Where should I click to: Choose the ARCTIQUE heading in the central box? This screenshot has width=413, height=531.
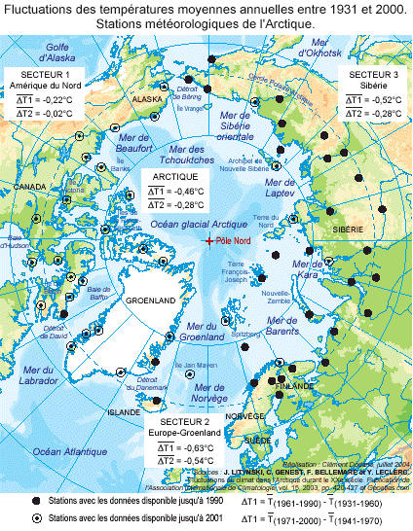coord(175,176)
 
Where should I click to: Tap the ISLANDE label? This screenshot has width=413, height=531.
coord(125,412)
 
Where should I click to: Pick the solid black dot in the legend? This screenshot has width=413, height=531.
coord(37,499)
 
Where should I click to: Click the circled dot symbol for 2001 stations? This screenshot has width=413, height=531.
coord(37,518)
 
